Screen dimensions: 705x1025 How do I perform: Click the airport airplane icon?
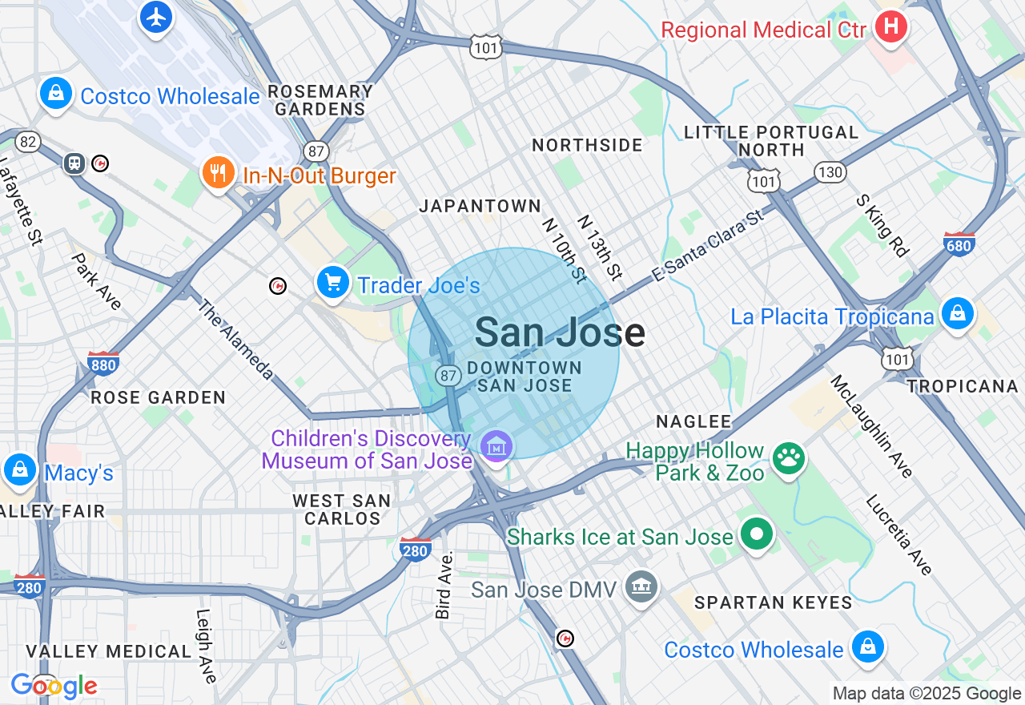tap(156, 17)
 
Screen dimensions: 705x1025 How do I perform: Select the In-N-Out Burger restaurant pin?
tap(217, 173)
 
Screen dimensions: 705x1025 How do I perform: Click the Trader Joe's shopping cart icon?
tap(333, 283)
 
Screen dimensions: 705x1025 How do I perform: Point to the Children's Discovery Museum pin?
tap(496, 445)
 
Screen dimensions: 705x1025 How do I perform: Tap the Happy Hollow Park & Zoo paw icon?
tap(788, 458)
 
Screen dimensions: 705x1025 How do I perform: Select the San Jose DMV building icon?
tap(641, 587)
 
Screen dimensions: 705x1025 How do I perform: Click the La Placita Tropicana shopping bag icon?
tap(957, 314)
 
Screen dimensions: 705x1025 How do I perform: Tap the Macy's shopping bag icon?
tap(19, 470)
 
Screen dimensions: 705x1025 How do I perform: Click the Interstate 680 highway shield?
tap(959, 244)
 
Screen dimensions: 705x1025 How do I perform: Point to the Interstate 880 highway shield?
tap(103, 364)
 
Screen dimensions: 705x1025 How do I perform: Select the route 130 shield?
tap(830, 171)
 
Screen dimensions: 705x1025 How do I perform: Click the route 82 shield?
tap(28, 142)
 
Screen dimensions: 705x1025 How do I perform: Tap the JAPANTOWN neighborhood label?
tap(480, 206)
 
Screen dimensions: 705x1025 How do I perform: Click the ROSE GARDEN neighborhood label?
tap(158, 397)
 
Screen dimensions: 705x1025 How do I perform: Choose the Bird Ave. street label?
tap(444, 584)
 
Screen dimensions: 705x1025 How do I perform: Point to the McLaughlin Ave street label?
tap(872, 426)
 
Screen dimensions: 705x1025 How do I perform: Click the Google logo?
tap(54, 686)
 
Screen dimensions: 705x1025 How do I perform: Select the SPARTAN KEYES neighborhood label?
tap(773, 602)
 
